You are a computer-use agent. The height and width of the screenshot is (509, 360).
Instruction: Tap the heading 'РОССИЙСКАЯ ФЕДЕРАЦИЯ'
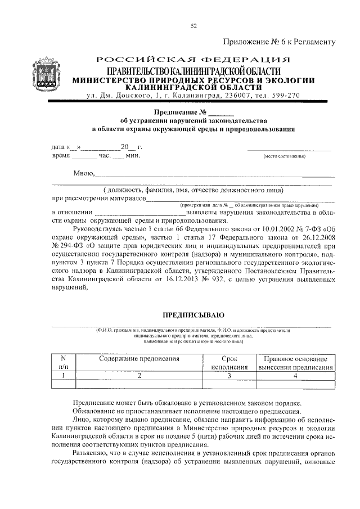pos(193,60)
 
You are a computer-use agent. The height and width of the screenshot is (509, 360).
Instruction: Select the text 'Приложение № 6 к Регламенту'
pos(280,42)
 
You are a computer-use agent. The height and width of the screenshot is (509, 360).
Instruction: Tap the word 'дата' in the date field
pos(58,147)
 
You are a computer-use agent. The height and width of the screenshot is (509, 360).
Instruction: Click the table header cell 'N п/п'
pos(63,363)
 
